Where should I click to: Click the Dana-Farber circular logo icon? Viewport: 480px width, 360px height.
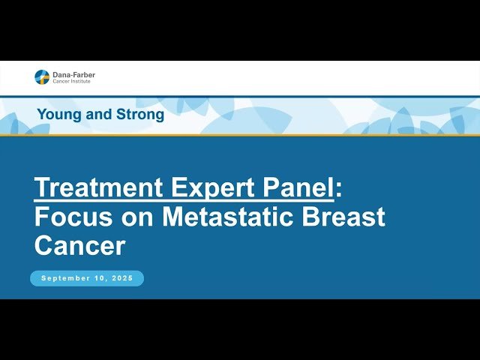point(42,76)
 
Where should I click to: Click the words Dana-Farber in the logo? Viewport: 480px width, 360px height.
point(73,74)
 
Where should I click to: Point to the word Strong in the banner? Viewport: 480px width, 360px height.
point(140,115)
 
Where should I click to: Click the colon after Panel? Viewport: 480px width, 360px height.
point(338,189)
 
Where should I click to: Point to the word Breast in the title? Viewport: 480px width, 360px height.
point(348,217)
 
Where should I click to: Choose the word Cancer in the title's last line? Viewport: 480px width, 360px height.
point(79,245)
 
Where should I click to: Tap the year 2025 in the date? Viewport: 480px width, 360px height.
point(121,278)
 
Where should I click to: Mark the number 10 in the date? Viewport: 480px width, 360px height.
point(101,278)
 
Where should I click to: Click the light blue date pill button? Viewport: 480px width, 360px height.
point(87,278)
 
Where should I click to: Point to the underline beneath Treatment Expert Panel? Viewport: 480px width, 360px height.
point(184,200)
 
